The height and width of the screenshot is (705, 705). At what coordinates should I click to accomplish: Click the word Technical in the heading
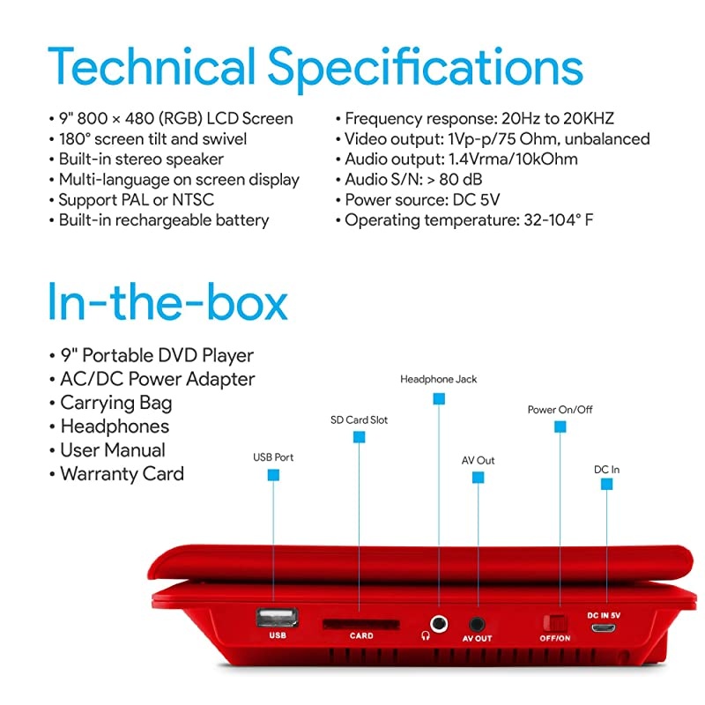pos(152,66)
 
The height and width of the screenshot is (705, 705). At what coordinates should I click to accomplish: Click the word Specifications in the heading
pos(426,70)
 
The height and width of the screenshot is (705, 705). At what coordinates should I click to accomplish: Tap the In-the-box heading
pos(167,301)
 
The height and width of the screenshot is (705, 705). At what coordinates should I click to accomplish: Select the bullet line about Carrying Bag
pos(111,404)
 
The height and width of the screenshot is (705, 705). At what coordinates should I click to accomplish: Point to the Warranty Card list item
pos(116,474)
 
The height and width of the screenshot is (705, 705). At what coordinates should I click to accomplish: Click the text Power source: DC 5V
pos(418,200)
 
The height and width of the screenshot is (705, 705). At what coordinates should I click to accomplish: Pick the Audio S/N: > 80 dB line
pos(409,180)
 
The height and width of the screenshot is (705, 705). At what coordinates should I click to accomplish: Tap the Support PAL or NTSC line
pos(131,200)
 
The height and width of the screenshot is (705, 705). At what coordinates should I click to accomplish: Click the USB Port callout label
pos(273,457)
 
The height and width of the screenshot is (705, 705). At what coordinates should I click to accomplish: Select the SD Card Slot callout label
pos(359,420)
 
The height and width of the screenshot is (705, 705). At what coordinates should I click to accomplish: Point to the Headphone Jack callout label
pos(438,380)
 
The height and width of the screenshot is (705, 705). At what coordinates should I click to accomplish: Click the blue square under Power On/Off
pos(560,427)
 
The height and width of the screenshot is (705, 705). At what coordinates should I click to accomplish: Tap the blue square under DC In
pos(606,484)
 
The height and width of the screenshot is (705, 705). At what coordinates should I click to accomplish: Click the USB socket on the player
pos(277,618)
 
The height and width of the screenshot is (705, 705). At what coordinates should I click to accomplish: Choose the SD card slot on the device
pos(361,624)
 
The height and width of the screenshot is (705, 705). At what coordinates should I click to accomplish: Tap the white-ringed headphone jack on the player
pos(438,624)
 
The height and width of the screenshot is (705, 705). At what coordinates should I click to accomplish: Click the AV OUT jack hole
pos(477,624)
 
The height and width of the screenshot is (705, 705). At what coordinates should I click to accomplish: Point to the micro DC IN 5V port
pos(604,627)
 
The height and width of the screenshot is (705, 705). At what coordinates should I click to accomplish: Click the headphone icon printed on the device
pos(426,635)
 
